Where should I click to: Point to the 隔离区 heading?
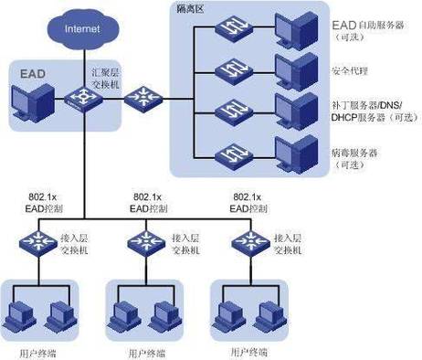pyautogui.click(x=193, y=8)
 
